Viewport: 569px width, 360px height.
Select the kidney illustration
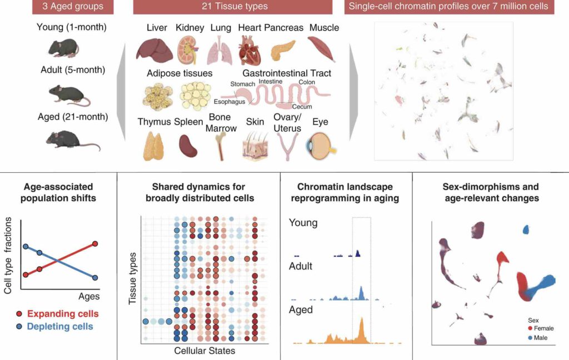(x=188, y=50)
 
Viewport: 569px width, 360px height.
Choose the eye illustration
(x=320, y=145)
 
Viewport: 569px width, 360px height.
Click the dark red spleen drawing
(x=188, y=146)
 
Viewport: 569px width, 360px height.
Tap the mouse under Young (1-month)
(x=63, y=48)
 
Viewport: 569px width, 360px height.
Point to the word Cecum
(x=302, y=107)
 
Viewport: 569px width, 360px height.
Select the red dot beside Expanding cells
(x=20, y=314)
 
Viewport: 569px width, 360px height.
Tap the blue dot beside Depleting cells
(x=20, y=326)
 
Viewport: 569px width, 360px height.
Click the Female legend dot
(x=531, y=328)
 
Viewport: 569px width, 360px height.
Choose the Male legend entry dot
(x=531, y=338)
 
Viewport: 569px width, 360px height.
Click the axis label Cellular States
(x=204, y=351)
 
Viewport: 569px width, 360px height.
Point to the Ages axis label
(x=89, y=297)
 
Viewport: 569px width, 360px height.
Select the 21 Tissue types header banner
(x=233, y=7)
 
